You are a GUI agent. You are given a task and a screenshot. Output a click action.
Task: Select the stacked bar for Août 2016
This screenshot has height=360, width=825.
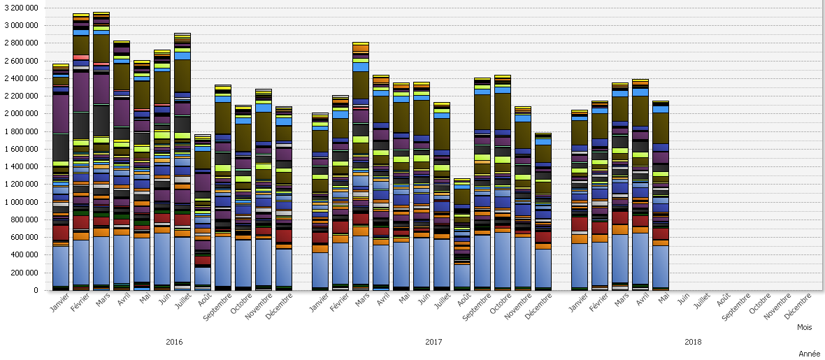(x=203, y=210)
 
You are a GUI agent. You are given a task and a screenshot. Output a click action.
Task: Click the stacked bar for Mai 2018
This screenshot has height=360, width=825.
(x=661, y=196)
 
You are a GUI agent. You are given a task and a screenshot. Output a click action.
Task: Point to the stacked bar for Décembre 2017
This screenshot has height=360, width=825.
(x=543, y=210)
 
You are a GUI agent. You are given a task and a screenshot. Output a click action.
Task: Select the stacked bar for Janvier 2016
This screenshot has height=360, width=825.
(x=61, y=175)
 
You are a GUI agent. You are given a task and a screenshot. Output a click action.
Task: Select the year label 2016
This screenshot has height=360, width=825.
(x=174, y=343)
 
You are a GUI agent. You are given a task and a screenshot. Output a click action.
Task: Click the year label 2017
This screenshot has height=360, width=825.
(x=433, y=343)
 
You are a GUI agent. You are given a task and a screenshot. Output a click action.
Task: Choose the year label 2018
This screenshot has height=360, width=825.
(x=694, y=343)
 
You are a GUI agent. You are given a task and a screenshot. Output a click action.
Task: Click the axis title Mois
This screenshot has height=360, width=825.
(x=805, y=327)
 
